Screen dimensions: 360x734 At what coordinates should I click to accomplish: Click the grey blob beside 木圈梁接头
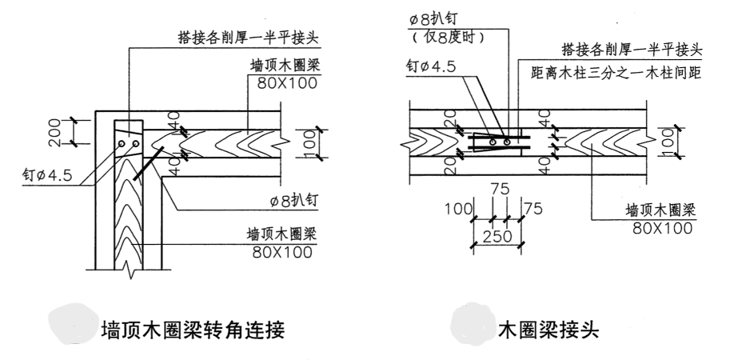[x=473, y=326]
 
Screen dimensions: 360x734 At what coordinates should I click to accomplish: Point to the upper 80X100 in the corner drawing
[x=285, y=82]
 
